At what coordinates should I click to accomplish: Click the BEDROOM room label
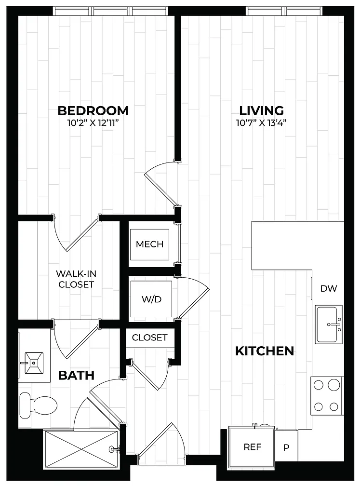point(93,111)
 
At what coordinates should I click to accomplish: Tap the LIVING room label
point(262,111)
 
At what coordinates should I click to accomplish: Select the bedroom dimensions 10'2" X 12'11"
point(93,123)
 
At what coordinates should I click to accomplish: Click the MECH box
point(149,244)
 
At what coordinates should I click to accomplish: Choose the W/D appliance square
point(151,299)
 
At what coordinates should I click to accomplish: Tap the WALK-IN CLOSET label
point(76,279)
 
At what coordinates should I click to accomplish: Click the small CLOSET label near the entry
point(149,337)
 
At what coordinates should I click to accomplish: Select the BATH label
point(76,375)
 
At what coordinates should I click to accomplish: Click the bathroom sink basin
point(34,363)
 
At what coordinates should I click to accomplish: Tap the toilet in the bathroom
point(39,405)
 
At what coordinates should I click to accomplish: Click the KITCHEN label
point(265,351)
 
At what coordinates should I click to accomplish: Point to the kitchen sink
point(329,324)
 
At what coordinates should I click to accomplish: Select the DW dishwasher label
point(329,288)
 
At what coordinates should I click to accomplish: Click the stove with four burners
point(327,396)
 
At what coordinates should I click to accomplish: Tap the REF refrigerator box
point(252,446)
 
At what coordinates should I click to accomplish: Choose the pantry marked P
point(287,447)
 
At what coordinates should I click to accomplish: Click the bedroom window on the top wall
point(111,11)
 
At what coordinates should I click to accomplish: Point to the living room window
point(284,11)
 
